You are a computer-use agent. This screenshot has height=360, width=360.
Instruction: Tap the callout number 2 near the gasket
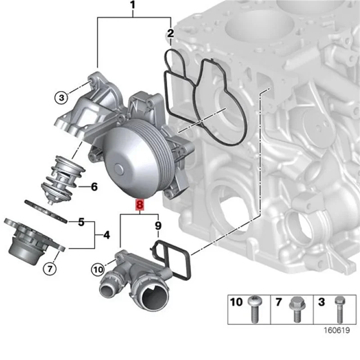(170, 33)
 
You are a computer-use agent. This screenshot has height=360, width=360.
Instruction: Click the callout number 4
(106, 234)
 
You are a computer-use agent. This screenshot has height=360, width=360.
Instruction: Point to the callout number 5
(81, 222)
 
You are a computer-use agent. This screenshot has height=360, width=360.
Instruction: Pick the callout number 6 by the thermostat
(94, 186)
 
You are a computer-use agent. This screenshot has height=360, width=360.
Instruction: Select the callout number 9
(158, 225)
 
